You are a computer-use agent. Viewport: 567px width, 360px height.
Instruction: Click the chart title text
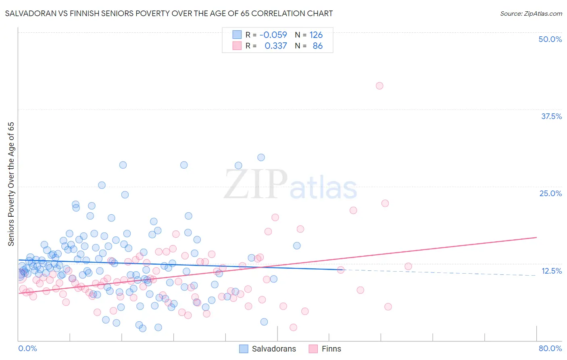pyautogui.click(x=169, y=13)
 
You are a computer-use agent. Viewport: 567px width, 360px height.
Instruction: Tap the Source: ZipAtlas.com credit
pyautogui.click(x=531, y=13)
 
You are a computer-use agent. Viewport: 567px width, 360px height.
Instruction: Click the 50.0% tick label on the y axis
pyautogui.click(x=550, y=39)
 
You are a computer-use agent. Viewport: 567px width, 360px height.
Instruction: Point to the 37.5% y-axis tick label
pyautogui.click(x=551, y=116)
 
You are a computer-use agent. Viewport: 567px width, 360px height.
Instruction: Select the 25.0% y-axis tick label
pyautogui.click(x=550, y=193)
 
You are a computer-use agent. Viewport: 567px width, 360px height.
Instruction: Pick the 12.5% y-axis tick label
pyautogui.click(x=551, y=271)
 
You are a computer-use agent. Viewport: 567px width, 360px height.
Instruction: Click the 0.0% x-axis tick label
pyautogui.click(x=27, y=348)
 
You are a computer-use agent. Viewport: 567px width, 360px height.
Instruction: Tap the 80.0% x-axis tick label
pyautogui.click(x=550, y=348)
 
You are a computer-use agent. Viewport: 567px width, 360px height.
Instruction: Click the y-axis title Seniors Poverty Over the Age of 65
pyautogui.click(x=11, y=184)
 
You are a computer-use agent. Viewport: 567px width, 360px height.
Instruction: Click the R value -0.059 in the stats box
pyautogui.click(x=273, y=35)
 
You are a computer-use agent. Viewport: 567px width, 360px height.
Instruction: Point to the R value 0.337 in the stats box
pyautogui.click(x=275, y=46)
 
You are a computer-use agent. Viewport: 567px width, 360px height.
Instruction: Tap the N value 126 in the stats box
pyautogui.click(x=316, y=35)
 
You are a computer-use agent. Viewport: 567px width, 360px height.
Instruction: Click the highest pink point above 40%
pyautogui.click(x=379, y=86)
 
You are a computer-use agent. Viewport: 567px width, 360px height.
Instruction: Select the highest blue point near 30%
pyautogui.click(x=261, y=157)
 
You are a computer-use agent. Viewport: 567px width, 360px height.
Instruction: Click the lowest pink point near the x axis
pyautogui.click(x=293, y=327)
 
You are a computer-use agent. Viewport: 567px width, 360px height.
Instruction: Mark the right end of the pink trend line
pyautogui.click(x=536, y=237)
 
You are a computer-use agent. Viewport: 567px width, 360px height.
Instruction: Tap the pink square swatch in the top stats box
pyautogui.click(x=237, y=46)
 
